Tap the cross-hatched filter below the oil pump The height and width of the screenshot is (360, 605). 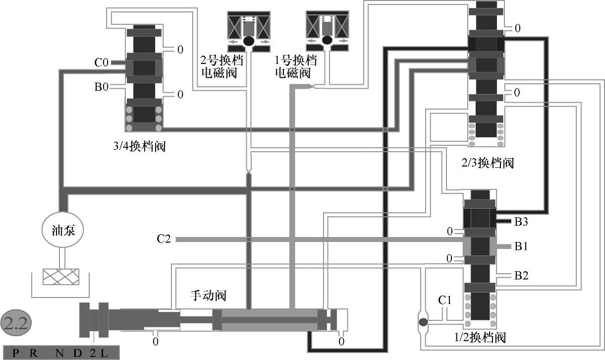click(60, 277)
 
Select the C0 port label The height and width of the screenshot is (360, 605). click(101, 62)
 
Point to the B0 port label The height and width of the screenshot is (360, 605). click(101, 87)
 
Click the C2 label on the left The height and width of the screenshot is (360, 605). click(164, 240)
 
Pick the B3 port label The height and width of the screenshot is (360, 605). click(521, 222)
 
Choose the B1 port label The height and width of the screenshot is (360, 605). click(521, 246)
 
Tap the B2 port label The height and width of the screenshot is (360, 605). click(521, 276)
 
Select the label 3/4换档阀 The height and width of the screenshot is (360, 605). click(139, 148)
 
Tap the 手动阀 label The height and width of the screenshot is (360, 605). click(209, 296)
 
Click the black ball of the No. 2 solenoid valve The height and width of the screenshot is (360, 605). click(248, 41)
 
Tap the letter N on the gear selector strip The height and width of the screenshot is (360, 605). click(60, 354)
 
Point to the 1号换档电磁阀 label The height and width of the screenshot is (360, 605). click(295, 67)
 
